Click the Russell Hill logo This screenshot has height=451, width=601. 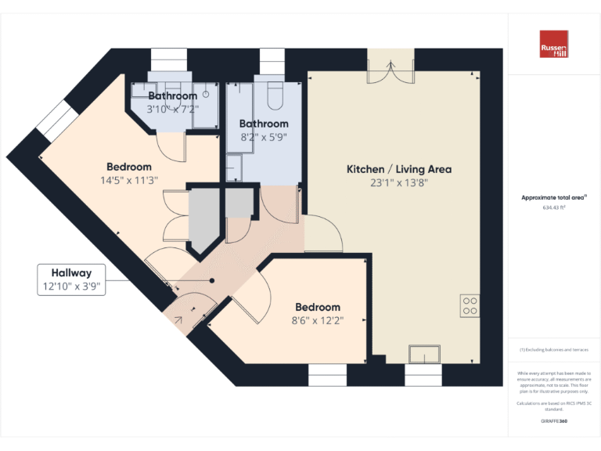click(x=554, y=44)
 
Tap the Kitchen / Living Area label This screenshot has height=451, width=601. click(x=399, y=169)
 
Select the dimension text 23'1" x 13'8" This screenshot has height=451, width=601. click(x=399, y=183)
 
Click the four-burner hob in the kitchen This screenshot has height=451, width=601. click(x=470, y=305)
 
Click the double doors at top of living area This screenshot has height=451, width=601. click(x=391, y=69)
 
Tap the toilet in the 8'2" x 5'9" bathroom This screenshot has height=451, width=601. click(x=275, y=96)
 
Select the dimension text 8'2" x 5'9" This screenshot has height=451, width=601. click(x=264, y=136)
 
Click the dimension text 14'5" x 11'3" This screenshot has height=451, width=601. click(x=129, y=179)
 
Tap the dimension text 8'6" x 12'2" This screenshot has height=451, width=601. click(x=318, y=319)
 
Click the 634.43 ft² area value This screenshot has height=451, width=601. click(x=554, y=207)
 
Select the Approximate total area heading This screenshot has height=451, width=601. click(x=554, y=197)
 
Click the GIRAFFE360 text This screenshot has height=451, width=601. click(x=554, y=421)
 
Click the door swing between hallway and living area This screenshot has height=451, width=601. click(x=324, y=230)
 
